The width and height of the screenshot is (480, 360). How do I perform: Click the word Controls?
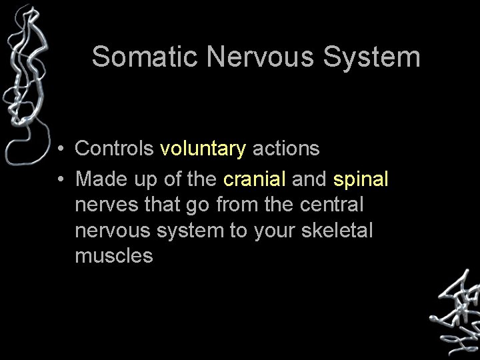(114, 148)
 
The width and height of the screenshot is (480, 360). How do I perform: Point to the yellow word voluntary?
(203, 149)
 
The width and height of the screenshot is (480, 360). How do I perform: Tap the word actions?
(286, 148)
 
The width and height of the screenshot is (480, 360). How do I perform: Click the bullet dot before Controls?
(60, 149)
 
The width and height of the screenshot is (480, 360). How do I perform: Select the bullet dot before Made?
(60, 179)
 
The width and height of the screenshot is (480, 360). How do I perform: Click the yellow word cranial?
(255, 179)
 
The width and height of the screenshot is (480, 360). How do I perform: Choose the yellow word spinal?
(360, 179)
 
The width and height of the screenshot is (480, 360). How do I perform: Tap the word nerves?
(107, 205)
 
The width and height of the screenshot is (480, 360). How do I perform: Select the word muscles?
(114, 256)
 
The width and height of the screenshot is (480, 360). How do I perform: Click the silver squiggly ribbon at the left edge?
(24, 80)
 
